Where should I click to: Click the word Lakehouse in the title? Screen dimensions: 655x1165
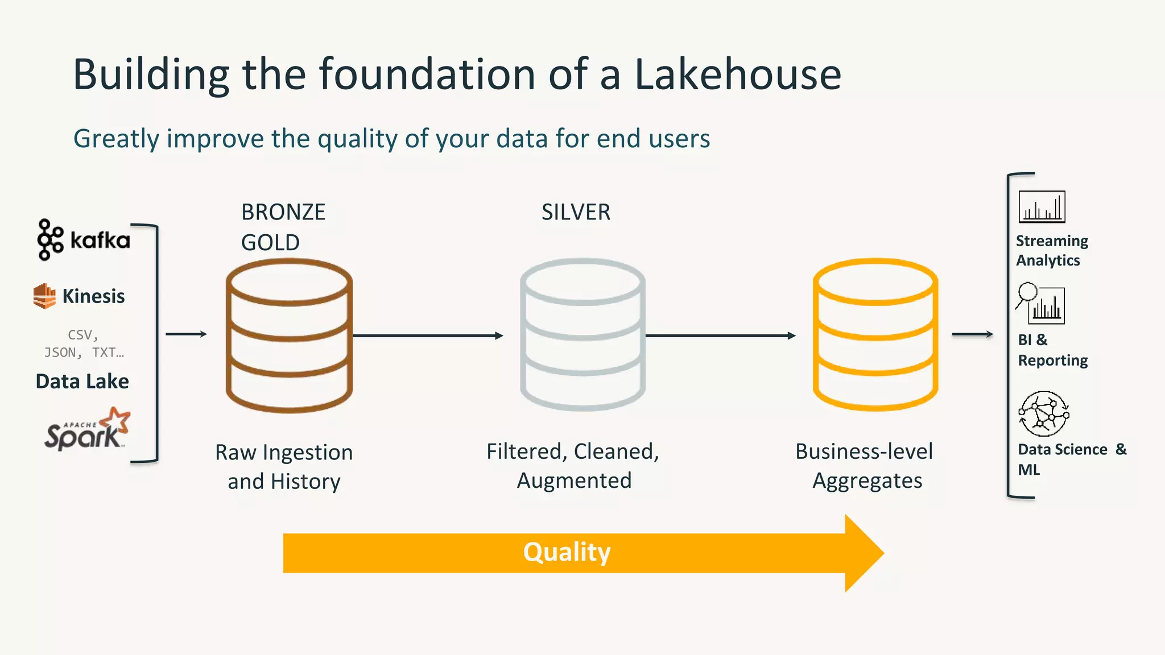(x=737, y=74)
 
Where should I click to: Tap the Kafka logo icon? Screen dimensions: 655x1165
(x=50, y=240)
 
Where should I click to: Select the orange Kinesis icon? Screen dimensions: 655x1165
(x=44, y=296)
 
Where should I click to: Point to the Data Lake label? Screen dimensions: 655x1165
(x=82, y=381)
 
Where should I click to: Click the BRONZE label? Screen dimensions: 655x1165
(x=283, y=212)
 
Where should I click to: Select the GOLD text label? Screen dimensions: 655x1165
(x=270, y=243)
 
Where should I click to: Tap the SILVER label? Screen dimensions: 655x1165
(x=576, y=212)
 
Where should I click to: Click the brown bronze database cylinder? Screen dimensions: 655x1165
(x=289, y=335)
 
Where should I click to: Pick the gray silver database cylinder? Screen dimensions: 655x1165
(x=582, y=335)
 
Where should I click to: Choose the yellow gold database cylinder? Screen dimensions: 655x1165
(x=875, y=335)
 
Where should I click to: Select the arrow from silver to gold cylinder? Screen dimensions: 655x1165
(x=720, y=335)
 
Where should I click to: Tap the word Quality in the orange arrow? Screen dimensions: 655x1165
(x=567, y=552)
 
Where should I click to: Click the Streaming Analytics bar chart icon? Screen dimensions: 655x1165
(x=1042, y=207)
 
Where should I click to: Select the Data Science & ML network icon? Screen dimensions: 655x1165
(x=1044, y=413)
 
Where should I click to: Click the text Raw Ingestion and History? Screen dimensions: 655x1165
(x=284, y=467)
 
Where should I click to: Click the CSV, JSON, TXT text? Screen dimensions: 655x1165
(x=84, y=343)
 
